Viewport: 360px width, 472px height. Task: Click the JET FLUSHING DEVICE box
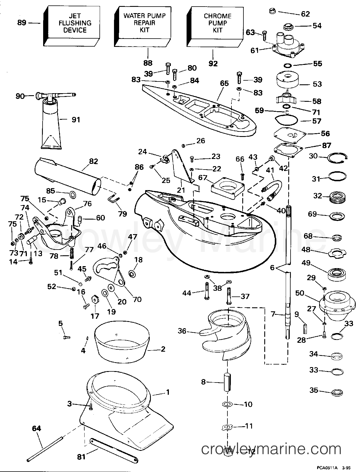point(75,23)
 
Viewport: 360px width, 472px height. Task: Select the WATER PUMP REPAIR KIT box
point(145,23)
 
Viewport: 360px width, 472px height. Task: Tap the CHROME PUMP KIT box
point(217,23)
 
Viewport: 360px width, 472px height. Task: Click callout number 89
point(22,23)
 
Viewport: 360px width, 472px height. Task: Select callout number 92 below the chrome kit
point(213,63)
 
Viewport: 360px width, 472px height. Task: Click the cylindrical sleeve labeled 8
point(227,382)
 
